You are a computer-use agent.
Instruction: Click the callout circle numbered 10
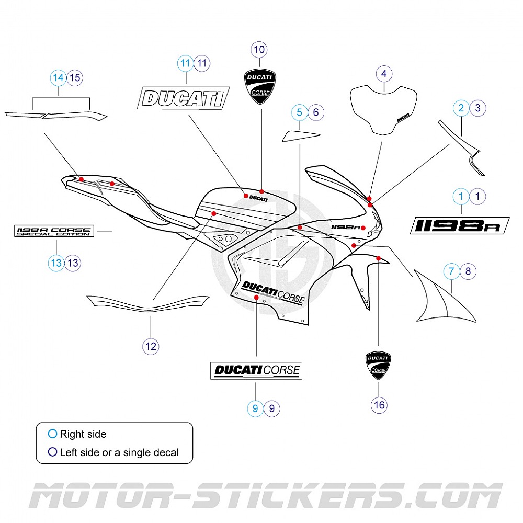click(x=260, y=50)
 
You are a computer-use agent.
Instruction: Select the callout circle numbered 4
click(x=384, y=74)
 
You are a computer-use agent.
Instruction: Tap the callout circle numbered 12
click(x=151, y=346)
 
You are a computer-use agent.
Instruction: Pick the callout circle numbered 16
click(x=379, y=404)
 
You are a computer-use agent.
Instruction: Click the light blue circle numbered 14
click(x=59, y=78)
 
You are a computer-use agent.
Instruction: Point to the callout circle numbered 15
click(x=75, y=78)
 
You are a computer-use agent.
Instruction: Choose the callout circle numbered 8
click(x=468, y=271)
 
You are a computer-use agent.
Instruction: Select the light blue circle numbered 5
click(x=299, y=111)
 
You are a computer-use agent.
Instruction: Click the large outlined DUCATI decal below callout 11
click(x=184, y=98)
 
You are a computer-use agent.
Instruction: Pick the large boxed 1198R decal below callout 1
click(x=459, y=225)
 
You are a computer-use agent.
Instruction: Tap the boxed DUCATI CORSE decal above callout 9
click(x=256, y=370)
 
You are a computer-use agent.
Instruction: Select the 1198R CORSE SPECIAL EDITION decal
click(x=54, y=230)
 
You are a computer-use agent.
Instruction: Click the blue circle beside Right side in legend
click(x=52, y=434)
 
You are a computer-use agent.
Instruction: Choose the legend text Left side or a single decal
click(x=119, y=452)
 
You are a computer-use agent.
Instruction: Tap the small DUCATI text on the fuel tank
click(x=258, y=199)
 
